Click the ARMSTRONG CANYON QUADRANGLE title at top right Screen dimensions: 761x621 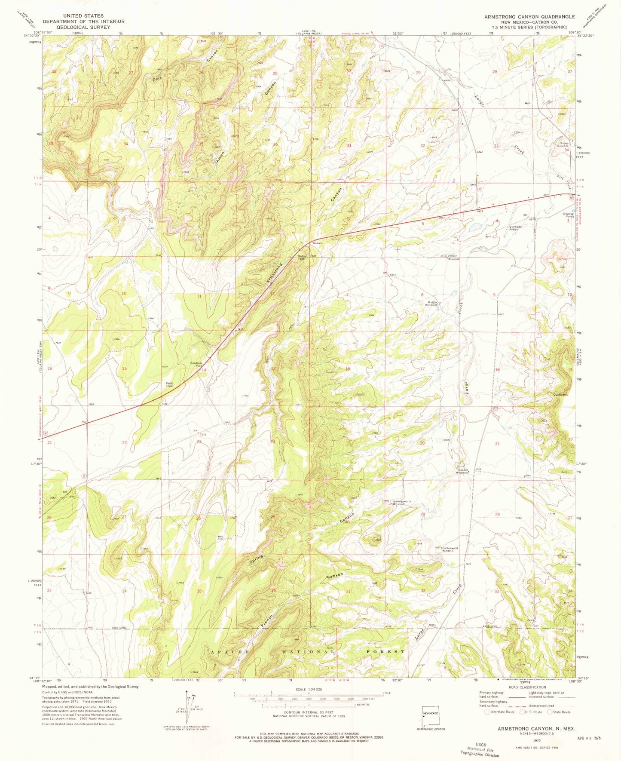click(529, 16)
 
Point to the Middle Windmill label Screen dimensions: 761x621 click(431, 303)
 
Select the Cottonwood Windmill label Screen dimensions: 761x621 click(450, 549)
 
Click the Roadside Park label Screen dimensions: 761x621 click(197, 364)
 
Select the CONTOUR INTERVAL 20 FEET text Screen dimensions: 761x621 click(308, 711)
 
